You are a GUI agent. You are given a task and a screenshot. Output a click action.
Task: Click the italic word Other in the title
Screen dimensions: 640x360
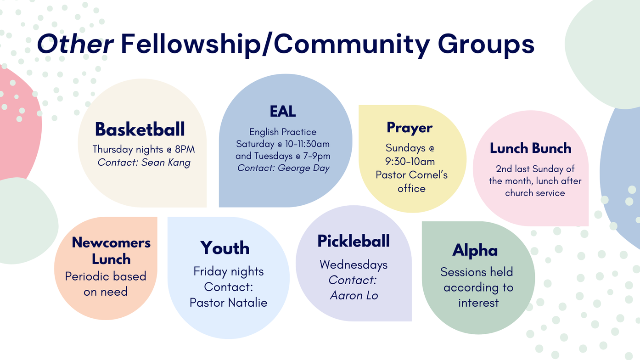click(x=76, y=44)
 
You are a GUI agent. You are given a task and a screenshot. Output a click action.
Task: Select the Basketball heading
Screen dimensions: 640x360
click(x=140, y=129)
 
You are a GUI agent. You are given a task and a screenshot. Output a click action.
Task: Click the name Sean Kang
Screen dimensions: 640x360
click(x=166, y=162)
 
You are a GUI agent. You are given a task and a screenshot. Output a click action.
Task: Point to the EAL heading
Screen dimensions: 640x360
click(x=282, y=112)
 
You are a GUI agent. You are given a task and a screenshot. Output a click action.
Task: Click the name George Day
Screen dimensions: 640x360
click(x=303, y=168)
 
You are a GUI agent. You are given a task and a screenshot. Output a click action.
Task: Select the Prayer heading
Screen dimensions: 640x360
click(x=410, y=128)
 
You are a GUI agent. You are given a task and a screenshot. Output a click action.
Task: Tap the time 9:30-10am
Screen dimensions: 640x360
click(x=410, y=162)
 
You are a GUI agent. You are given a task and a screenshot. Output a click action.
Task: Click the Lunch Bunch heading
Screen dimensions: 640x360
click(x=531, y=148)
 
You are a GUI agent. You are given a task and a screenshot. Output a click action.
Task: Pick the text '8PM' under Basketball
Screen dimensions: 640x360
click(x=185, y=149)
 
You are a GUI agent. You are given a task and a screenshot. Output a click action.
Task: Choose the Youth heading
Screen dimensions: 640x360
click(x=225, y=247)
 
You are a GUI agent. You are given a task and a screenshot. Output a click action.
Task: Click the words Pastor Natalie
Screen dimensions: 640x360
click(x=228, y=303)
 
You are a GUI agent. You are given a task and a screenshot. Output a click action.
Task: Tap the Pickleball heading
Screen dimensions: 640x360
click(x=354, y=241)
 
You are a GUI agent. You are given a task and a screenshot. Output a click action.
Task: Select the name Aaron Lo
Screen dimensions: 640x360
click(x=354, y=295)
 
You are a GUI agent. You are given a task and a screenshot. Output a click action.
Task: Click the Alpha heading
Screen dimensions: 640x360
click(x=475, y=251)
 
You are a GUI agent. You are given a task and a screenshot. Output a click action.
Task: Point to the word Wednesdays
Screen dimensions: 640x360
click(x=354, y=265)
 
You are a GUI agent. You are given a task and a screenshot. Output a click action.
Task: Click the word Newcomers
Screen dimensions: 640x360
click(x=111, y=242)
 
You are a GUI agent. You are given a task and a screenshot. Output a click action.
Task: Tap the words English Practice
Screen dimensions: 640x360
click(x=282, y=132)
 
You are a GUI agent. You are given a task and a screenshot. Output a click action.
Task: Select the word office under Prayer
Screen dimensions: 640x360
click(x=411, y=189)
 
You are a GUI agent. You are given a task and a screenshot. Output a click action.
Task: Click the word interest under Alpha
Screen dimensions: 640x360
click(x=478, y=303)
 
